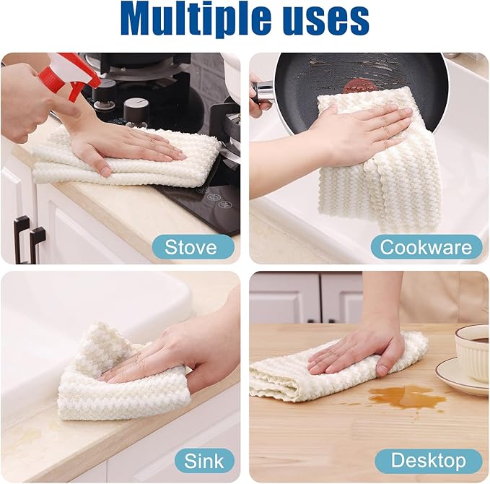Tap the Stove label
click(191, 247)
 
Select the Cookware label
click(426, 247)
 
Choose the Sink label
click(204, 460)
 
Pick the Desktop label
click(427, 460)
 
